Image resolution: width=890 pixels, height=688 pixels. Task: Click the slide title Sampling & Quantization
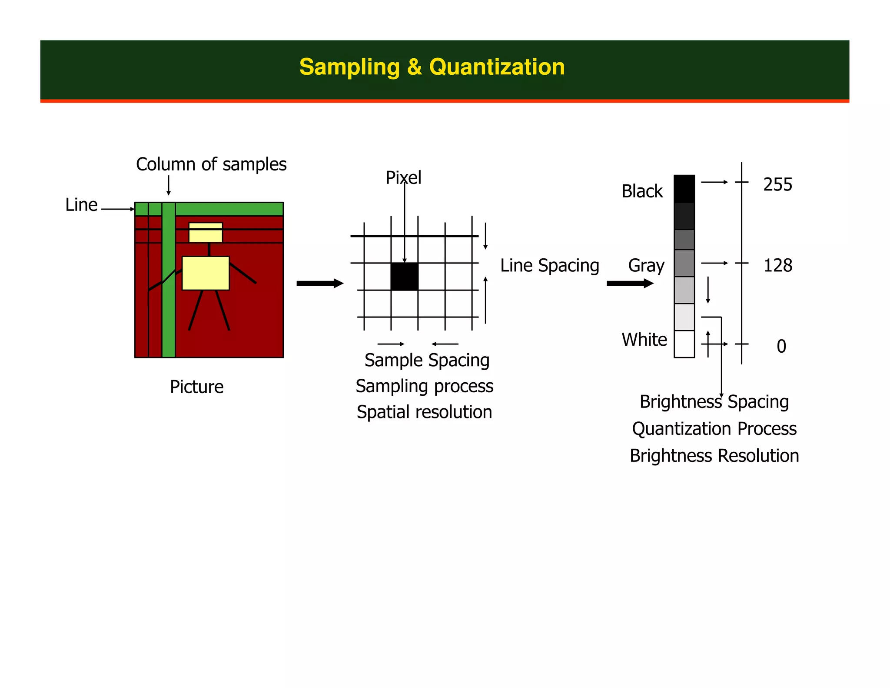coord(432,67)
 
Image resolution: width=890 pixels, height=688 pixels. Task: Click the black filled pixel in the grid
coord(404,277)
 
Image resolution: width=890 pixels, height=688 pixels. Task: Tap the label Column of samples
coord(211,164)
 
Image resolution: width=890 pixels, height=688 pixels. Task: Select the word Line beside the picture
coord(81,205)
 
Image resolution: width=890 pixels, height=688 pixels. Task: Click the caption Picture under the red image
coord(196,387)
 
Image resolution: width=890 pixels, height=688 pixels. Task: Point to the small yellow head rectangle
coord(206,233)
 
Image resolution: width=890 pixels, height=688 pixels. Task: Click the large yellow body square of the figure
coord(206,273)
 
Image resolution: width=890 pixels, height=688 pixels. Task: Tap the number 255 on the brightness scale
coord(777,185)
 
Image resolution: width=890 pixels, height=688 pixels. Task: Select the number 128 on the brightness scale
coord(777,265)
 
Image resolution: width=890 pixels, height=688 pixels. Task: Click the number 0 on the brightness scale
coord(781,347)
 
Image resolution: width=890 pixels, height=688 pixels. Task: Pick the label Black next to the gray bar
coord(642,191)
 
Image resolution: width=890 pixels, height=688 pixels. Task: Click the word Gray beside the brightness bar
coord(646,266)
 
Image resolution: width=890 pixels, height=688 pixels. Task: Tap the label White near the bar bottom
coord(644,340)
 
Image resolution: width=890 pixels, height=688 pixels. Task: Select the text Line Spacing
coord(549,266)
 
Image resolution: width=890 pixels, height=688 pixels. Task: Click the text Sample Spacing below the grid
coord(427,361)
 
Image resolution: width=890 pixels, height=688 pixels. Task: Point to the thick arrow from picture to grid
coord(319,284)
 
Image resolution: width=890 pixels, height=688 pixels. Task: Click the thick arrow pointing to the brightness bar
coord(630,284)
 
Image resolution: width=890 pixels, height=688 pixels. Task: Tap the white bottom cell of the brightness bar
coord(684,344)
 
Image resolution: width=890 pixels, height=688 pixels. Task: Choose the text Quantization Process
coord(714,429)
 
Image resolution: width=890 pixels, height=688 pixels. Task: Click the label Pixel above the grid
coord(403,177)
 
